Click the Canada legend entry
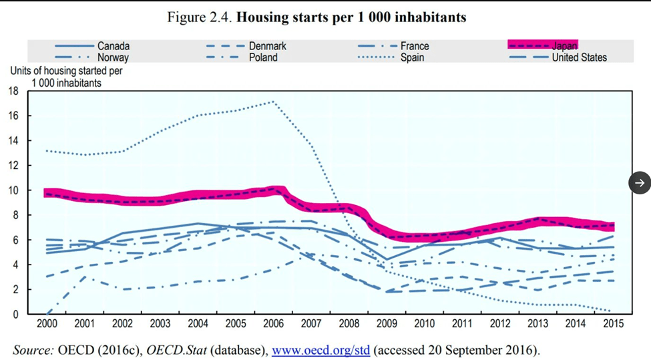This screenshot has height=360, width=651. (113, 46)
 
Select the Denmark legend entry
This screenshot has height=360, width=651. (267, 46)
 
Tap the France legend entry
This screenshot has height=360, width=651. (415, 46)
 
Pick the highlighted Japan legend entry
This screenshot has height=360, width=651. (564, 46)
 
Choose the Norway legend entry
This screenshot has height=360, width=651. (113, 57)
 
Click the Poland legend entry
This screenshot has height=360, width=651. (263, 57)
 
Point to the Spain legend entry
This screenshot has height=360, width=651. (412, 57)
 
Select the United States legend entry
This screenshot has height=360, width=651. (579, 57)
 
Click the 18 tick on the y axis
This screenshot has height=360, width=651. (13, 91)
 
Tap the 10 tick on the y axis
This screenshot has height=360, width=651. (13, 190)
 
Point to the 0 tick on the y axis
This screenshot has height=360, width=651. (15, 314)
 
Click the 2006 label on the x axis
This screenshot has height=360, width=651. (273, 324)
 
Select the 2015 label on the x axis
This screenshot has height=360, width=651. (612, 324)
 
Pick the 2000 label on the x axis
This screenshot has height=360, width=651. (47, 324)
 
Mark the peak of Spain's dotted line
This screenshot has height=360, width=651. (273, 102)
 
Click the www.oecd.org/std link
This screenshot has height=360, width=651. (320, 349)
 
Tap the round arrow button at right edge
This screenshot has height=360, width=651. (640, 182)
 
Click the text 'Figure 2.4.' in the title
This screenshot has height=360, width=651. (199, 17)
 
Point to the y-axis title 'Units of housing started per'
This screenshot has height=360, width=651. (66, 70)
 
